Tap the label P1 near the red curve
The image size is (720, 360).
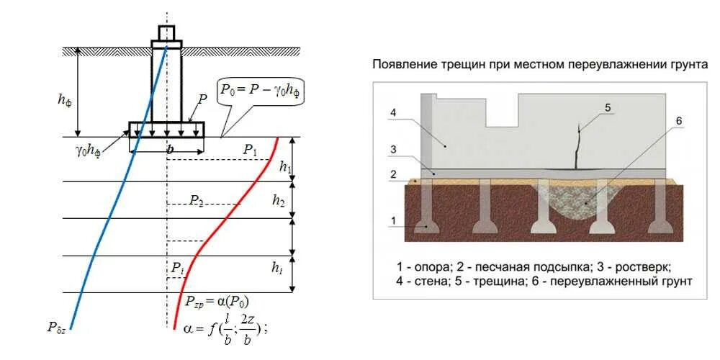[x=250, y=150]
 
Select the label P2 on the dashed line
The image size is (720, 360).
[x=197, y=200]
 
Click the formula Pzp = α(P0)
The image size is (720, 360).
[x=217, y=301]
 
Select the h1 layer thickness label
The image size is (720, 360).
[x=285, y=168]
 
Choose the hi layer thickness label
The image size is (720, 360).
[x=277, y=268]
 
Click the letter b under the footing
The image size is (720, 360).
[x=170, y=149]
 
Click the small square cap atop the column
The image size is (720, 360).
[x=166, y=32]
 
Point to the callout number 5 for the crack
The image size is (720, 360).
[x=607, y=108]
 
